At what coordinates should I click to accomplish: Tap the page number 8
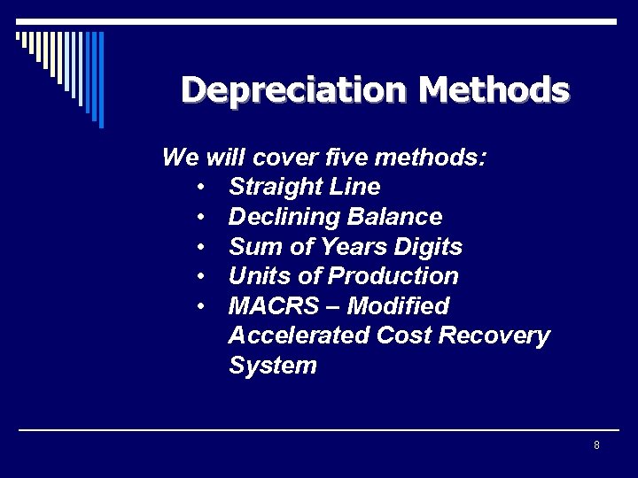(x=596, y=445)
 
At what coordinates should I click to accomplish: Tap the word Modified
(x=398, y=306)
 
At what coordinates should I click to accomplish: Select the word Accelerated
(x=299, y=335)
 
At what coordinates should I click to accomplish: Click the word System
(x=272, y=366)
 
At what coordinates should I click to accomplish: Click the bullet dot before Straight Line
(x=202, y=188)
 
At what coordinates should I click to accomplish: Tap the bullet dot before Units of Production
(x=202, y=277)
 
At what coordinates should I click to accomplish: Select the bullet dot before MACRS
(x=202, y=307)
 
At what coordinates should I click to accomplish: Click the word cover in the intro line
(x=283, y=158)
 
